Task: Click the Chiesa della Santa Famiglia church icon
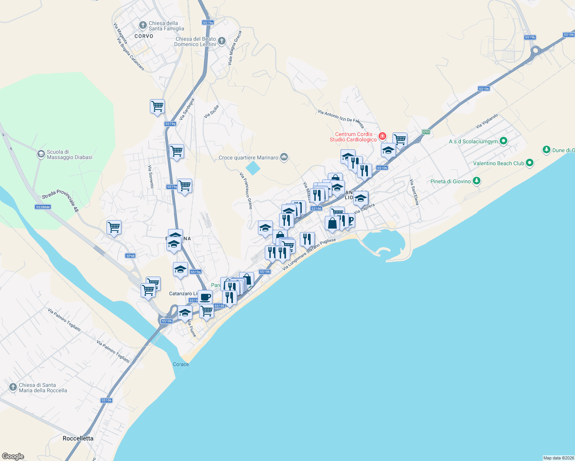[143, 26]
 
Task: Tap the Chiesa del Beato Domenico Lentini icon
[222, 41]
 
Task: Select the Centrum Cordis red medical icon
[382, 136]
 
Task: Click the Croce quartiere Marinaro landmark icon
[284, 157]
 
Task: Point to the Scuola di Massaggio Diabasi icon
[41, 154]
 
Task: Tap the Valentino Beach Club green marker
[530, 163]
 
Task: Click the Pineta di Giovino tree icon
[477, 181]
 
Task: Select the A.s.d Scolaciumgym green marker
[504, 141]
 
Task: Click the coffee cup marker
[205, 297]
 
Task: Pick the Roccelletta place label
[78, 438]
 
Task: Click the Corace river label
[181, 364]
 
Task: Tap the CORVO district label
[144, 36]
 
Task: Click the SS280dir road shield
[43, 207]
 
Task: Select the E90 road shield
[426, 132]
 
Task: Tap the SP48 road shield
[130, 256]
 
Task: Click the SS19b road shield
[530, 37]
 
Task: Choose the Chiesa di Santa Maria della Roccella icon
[13, 387]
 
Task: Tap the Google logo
[13, 456]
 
